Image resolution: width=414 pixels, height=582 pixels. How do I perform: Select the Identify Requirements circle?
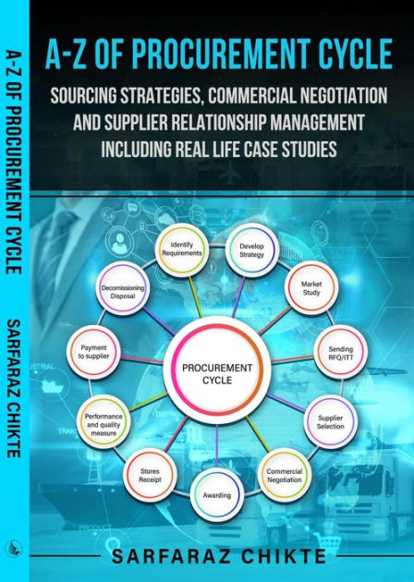[x=181, y=249]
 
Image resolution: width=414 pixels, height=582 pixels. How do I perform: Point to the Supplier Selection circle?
[x=331, y=421]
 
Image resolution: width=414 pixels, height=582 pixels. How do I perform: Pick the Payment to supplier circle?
[x=93, y=352]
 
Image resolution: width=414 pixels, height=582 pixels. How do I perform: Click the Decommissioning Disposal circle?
[x=124, y=292]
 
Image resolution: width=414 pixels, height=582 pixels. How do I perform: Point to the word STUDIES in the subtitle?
[x=308, y=149]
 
